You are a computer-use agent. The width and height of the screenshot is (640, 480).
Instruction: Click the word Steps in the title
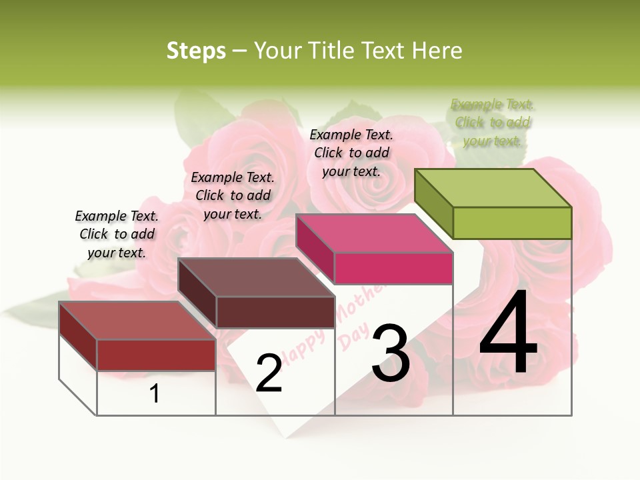[x=196, y=51]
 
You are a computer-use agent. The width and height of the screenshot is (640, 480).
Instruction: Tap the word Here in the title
[x=436, y=51]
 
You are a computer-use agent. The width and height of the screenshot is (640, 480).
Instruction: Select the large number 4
[x=508, y=333]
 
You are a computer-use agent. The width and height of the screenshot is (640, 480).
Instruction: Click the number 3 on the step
[x=390, y=353]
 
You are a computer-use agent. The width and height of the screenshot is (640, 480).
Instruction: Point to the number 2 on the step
[x=269, y=373]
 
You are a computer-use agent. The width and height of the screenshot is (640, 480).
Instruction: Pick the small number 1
[x=155, y=394]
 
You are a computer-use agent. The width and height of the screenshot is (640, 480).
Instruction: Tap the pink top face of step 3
[x=374, y=234]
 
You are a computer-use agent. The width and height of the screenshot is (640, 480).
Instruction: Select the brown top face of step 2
[x=256, y=277]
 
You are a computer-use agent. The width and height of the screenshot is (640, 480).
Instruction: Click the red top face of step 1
[x=137, y=321]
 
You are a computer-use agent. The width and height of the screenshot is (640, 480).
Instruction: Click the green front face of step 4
[x=512, y=223]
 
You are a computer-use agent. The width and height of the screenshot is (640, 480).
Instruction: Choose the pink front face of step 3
[x=393, y=268]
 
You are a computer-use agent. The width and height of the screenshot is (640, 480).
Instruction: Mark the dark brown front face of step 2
[x=275, y=312]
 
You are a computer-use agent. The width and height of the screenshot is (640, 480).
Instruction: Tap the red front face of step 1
[x=156, y=355]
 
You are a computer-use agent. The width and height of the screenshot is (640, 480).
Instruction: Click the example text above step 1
[x=117, y=234]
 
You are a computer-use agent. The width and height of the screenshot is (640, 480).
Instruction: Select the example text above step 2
[x=233, y=195]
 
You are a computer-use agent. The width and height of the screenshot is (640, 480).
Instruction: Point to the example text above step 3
[x=351, y=153]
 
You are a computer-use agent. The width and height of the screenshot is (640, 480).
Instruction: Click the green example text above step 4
[x=493, y=123]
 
